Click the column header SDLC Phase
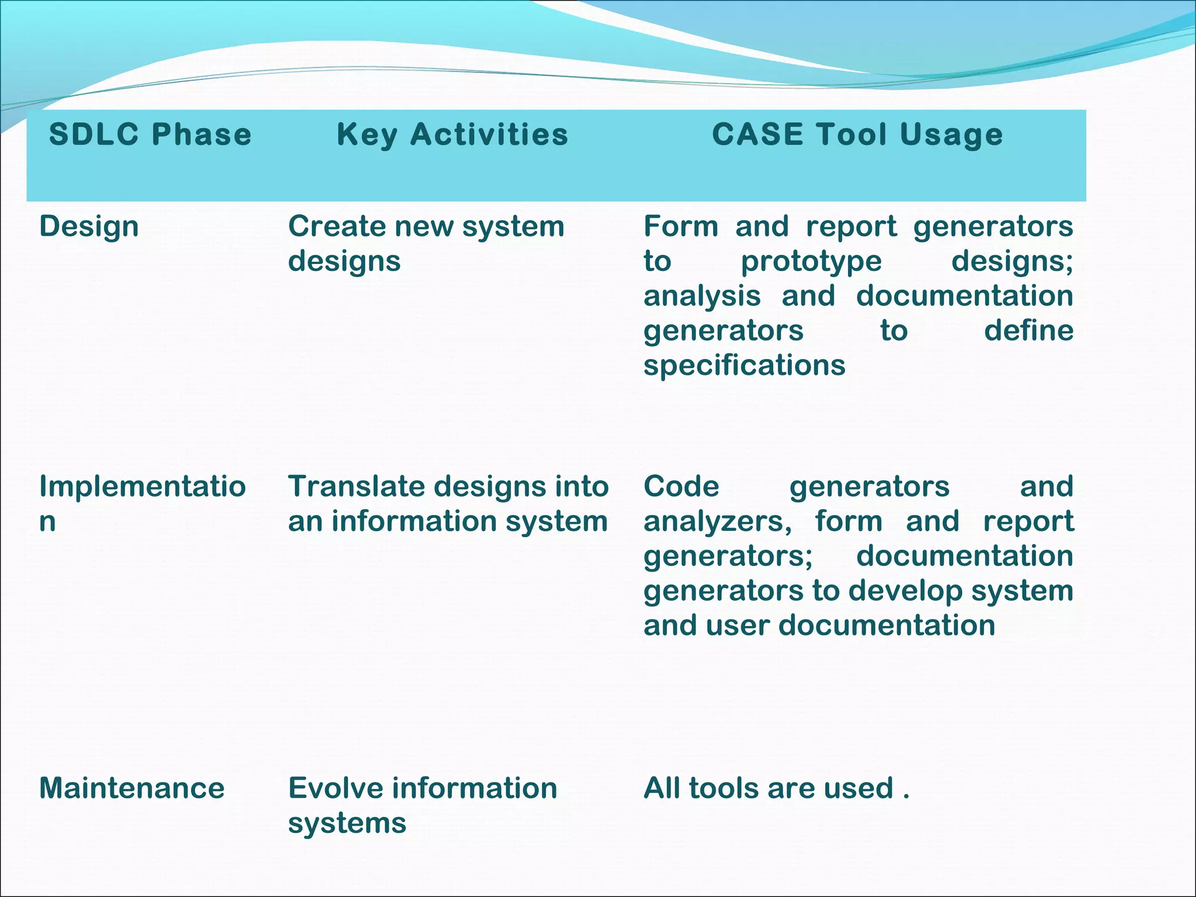[150, 134]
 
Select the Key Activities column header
[453, 134]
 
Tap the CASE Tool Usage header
[857, 134]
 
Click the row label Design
[89, 227]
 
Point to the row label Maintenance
[131, 788]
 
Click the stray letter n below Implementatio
[47, 521]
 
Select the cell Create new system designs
[426, 243]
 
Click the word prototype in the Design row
[811, 262]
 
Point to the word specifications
[744, 366]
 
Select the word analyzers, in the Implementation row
[718, 521]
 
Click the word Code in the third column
[681, 486]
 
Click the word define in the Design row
[1028, 331]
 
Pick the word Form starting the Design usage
[681, 227]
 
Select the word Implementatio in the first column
[142, 486]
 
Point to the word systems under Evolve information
[347, 823]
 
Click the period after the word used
[906, 797]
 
